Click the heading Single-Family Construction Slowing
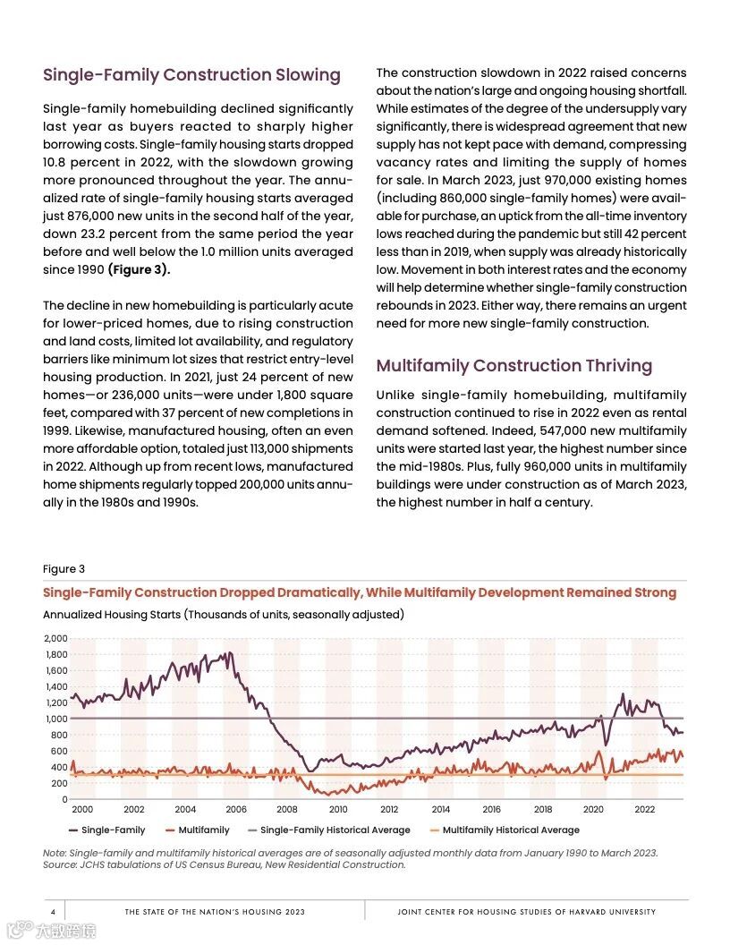click(x=191, y=75)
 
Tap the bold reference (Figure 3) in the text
click(x=139, y=269)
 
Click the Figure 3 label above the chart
click(x=64, y=569)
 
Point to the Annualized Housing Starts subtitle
click(x=224, y=615)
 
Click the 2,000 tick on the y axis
click(x=55, y=638)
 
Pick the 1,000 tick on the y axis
click(x=55, y=719)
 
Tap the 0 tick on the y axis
click(x=64, y=799)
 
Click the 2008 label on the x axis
click(x=287, y=809)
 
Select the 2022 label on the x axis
click(x=645, y=809)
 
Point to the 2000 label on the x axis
click(x=82, y=809)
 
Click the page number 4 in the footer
click(x=53, y=912)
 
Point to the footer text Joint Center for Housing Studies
click(x=526, y=912)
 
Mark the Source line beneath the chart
click(x=224, y=864)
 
